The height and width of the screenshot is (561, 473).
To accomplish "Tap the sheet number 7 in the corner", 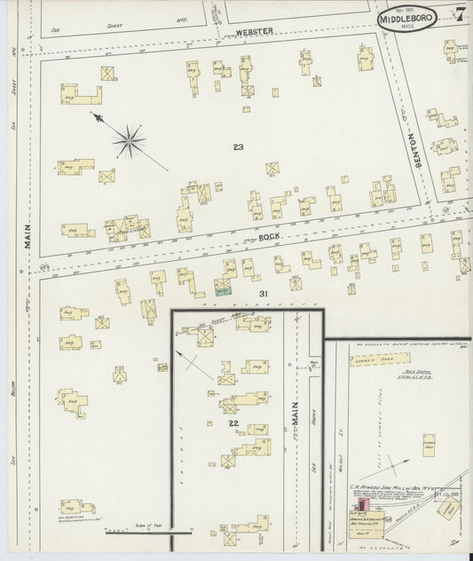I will tap(461, 15).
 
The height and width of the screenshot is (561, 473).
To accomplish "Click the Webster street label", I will tap(254, 32).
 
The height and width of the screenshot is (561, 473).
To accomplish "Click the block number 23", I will tap(238, 146).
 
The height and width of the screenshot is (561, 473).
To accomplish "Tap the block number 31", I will tap(263, 293).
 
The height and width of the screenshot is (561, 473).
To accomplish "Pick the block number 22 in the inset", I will tap(233, 423).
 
